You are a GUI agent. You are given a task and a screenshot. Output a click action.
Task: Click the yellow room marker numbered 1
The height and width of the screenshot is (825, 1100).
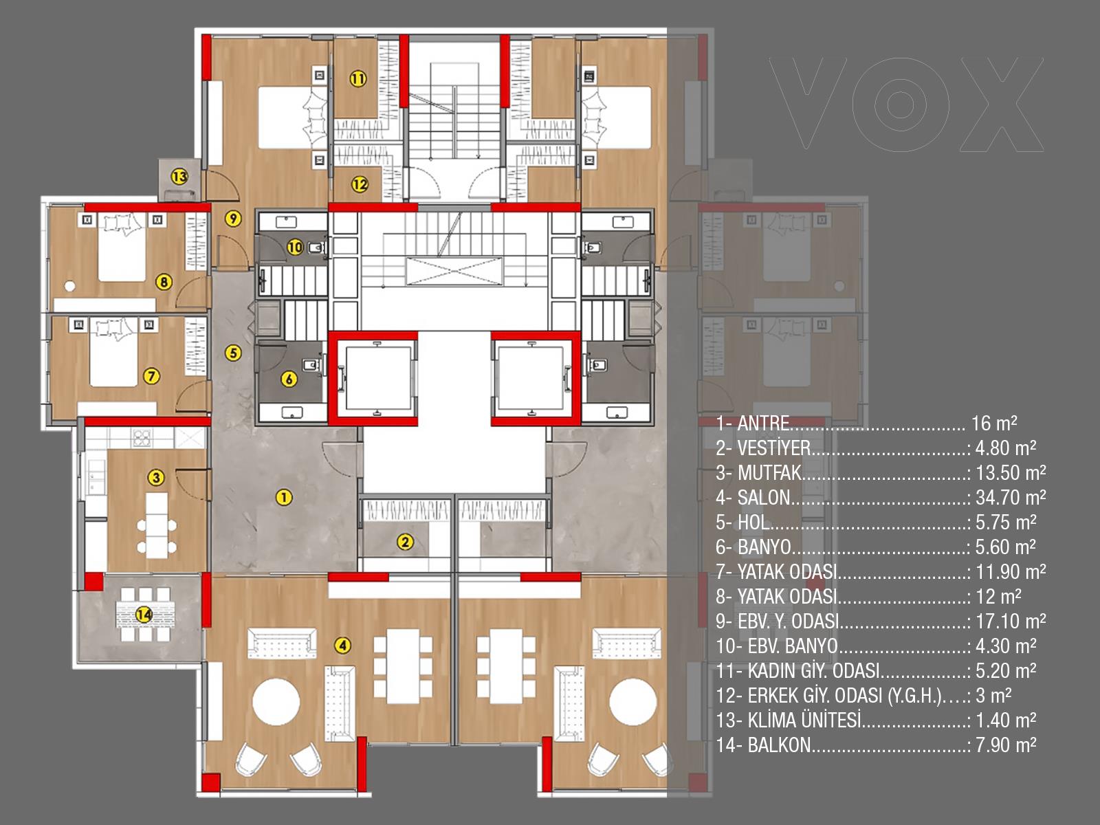pyautogui.click(x=284, y=497)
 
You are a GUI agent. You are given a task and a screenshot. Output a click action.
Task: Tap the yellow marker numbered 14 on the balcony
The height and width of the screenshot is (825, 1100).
pyautogui.click(x=144, y=614)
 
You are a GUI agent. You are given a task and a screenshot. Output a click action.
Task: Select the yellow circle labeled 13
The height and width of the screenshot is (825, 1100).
pyautogui.click(x=179, y=176)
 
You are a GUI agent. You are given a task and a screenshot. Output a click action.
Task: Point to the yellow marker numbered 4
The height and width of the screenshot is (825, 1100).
pyautogui.click(x=343, y=645)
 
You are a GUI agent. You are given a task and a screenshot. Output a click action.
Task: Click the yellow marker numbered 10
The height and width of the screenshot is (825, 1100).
pyautogui.click(x=295, y=247)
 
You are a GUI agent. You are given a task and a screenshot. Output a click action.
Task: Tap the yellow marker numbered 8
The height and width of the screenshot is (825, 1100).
pyautogui.click(x=164, y=283)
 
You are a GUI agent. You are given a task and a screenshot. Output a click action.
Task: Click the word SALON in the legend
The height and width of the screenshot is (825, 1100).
pyautogui.click(x=764, y=497)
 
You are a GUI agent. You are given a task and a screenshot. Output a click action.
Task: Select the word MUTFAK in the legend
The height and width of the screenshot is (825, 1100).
pyautogui.click(x=769, y=473)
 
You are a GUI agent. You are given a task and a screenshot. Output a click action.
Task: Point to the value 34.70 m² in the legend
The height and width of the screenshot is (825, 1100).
pyautogui.click(x=1011, y=497)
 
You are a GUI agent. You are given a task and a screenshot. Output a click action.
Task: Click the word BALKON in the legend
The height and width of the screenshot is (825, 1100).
pyautogui.click(x=779, y=745)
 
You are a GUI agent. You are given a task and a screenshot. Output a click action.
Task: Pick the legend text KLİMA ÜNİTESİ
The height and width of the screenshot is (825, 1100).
pyautogui.click(x=804, y=720)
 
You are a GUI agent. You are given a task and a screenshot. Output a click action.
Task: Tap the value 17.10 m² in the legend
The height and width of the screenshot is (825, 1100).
pyautogui.click(x=1011, y=621)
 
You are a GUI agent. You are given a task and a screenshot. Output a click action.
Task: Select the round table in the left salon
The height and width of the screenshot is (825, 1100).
pyautogui.click(x=276, y=702)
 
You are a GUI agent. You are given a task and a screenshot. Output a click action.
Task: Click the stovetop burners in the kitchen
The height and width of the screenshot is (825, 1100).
pyautogui.click(x=142, y=438)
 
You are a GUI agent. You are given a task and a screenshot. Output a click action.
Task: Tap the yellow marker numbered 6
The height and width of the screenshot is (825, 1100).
pyautogui.click(x=289, y=379)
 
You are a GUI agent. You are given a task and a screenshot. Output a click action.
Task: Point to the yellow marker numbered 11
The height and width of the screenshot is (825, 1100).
pyautogui.click(x=357, y=78)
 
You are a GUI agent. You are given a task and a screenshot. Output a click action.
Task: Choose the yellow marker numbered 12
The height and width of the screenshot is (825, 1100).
pyautogui.click(x=360, y=185)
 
